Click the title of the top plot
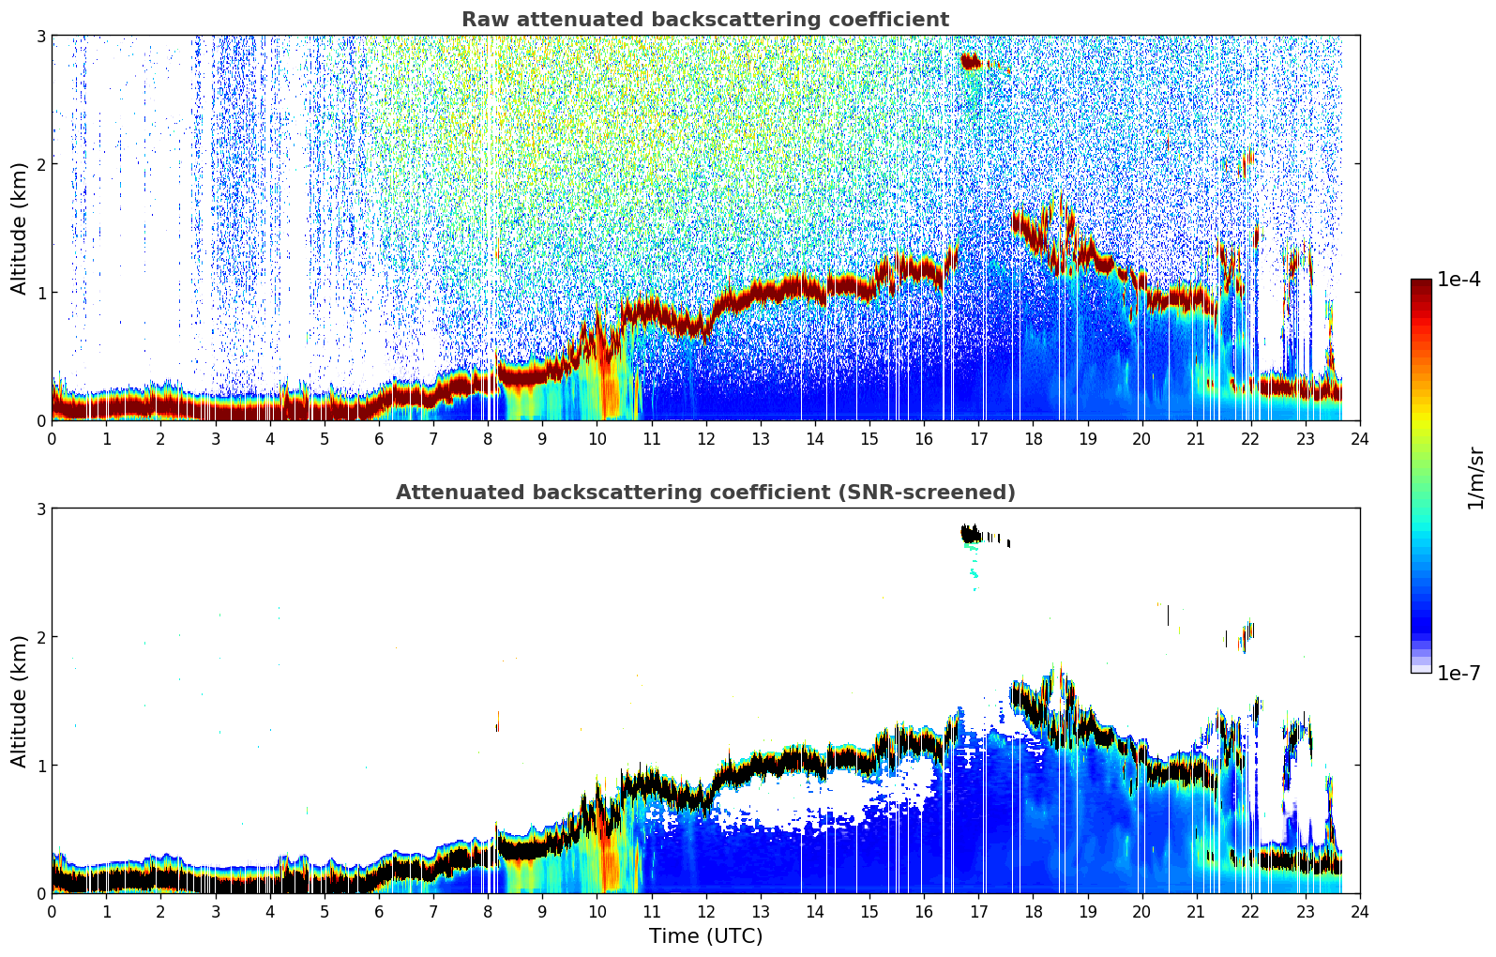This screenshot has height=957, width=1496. [x=704, y=20]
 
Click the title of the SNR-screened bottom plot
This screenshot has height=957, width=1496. [x=704, y=493]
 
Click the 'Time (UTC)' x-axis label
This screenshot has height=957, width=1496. [x=705, y=936]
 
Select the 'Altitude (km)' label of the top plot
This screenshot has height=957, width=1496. [x=20, y=228]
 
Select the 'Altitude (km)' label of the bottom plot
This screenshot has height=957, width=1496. [x=20, y=701]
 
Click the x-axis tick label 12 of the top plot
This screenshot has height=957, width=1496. [x=705, y=438]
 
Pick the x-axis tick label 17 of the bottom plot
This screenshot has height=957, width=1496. [x=978, y=911]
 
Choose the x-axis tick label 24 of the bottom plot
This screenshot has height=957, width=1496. [x=1360, y=911]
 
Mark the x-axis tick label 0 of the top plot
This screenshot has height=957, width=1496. [x=52, y=438]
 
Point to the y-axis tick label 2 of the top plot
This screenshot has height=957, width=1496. [x=41, y=164]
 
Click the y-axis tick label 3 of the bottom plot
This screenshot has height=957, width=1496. [x=41, y=509]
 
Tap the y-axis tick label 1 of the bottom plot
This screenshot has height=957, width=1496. [x=41, y=766]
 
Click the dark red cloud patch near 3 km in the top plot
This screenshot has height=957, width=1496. [x=970, y=62]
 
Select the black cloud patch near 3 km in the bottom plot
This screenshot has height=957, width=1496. [x=970, y=534]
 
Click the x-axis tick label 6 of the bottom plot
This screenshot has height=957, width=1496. [x=379, y=911]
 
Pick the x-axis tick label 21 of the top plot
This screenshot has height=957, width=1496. [x=1196, y=438]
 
